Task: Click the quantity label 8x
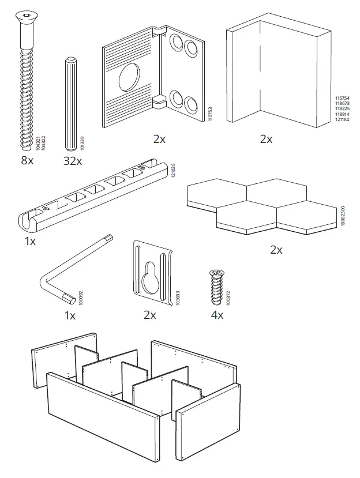coord(27,161)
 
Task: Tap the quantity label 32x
coord(73,161)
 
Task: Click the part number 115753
coord(211,113)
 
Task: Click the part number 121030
coord(174,170)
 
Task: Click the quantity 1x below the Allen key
coord(70,315)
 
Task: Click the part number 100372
coord(229,297)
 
